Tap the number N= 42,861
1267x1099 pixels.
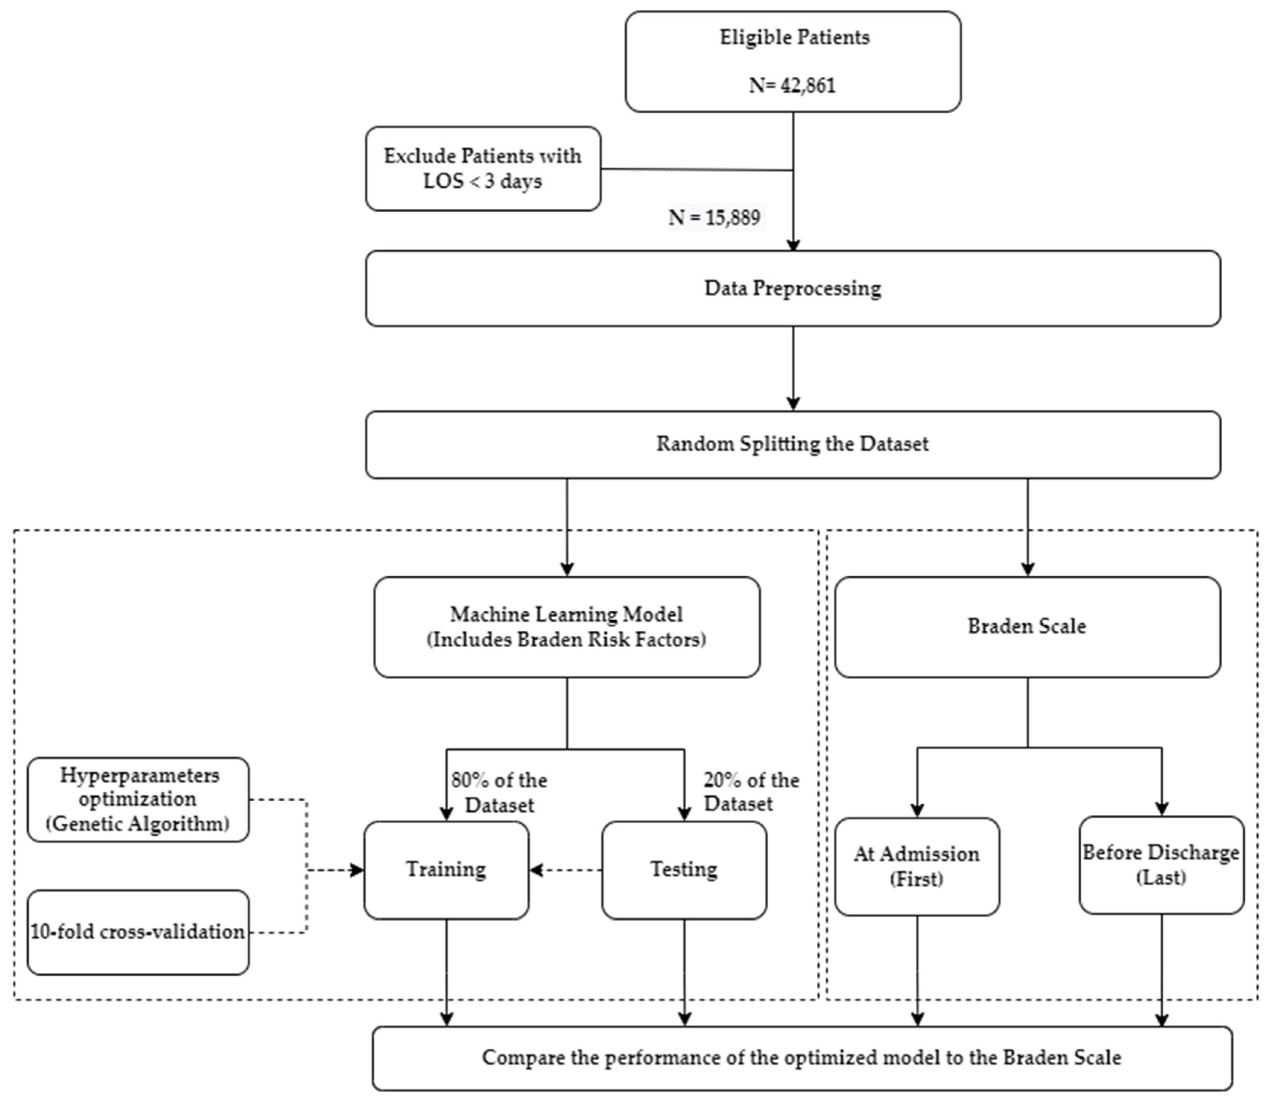(793, 85)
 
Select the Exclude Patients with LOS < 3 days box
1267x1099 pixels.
(483, 169)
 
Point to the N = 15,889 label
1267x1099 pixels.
(714, 218)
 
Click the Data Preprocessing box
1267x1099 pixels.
(793, 288)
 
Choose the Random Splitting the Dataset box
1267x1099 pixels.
(793, 444)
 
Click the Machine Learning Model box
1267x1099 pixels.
(566, 627)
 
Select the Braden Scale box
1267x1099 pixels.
(1027, 627)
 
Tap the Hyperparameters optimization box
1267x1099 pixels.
(138, 799)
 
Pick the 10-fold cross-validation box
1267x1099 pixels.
(138, 932)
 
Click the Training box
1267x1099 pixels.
(446, 870)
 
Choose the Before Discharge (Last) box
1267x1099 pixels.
(1161, 865)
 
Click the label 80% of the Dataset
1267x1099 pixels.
(499, 792)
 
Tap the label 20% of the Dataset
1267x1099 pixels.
(751, 792)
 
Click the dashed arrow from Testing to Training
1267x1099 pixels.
(566, 870)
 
